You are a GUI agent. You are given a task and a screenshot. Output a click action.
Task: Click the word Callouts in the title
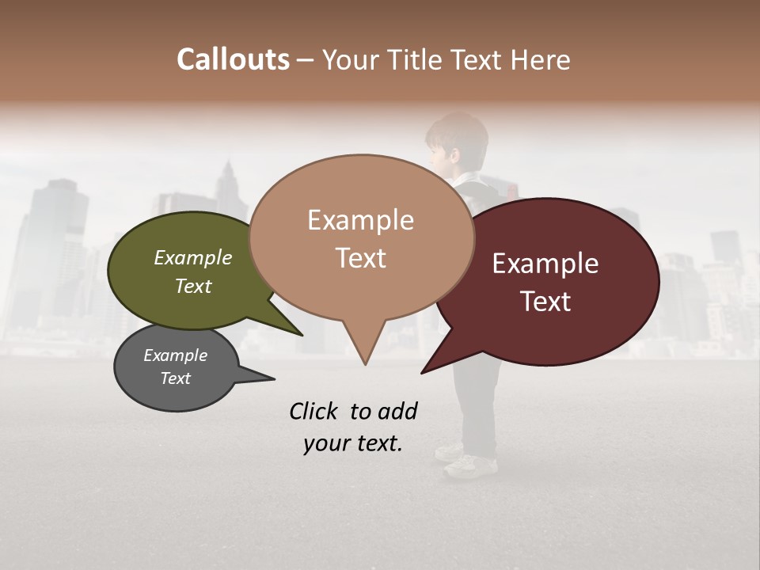[233, 59]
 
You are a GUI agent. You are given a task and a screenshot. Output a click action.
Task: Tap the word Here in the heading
[539, 59]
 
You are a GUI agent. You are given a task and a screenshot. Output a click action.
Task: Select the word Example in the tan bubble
[360, 220]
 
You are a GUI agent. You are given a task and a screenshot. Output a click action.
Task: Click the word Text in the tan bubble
[360, 257]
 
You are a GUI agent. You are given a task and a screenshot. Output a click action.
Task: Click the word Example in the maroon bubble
[545, 264]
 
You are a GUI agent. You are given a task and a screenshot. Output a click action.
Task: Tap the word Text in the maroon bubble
[545, 301]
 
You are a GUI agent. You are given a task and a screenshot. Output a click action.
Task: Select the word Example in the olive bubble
[192, 257]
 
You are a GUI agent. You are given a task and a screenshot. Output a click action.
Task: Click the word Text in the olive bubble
[192, 286]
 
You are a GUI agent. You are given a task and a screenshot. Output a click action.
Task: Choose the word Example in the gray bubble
[175, 355]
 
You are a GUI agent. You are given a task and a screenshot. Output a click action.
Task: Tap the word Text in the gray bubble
[175, 378]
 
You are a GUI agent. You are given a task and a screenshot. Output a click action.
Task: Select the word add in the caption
[397, 411]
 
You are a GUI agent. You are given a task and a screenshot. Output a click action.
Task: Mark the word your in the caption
[325, 443]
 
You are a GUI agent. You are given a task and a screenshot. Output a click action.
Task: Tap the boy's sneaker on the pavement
[471, 466]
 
